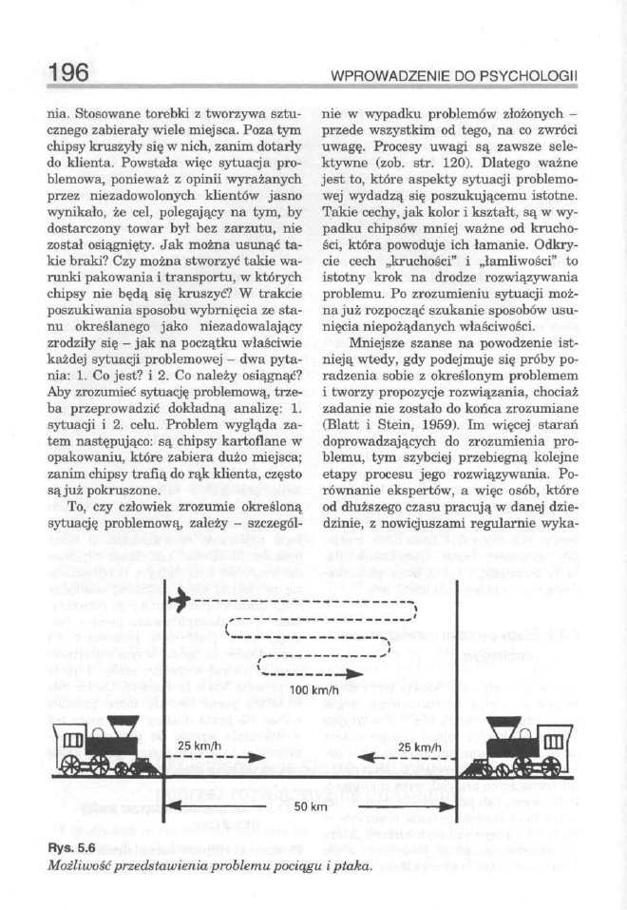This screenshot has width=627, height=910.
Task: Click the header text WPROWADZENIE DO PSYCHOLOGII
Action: (456, 74)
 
